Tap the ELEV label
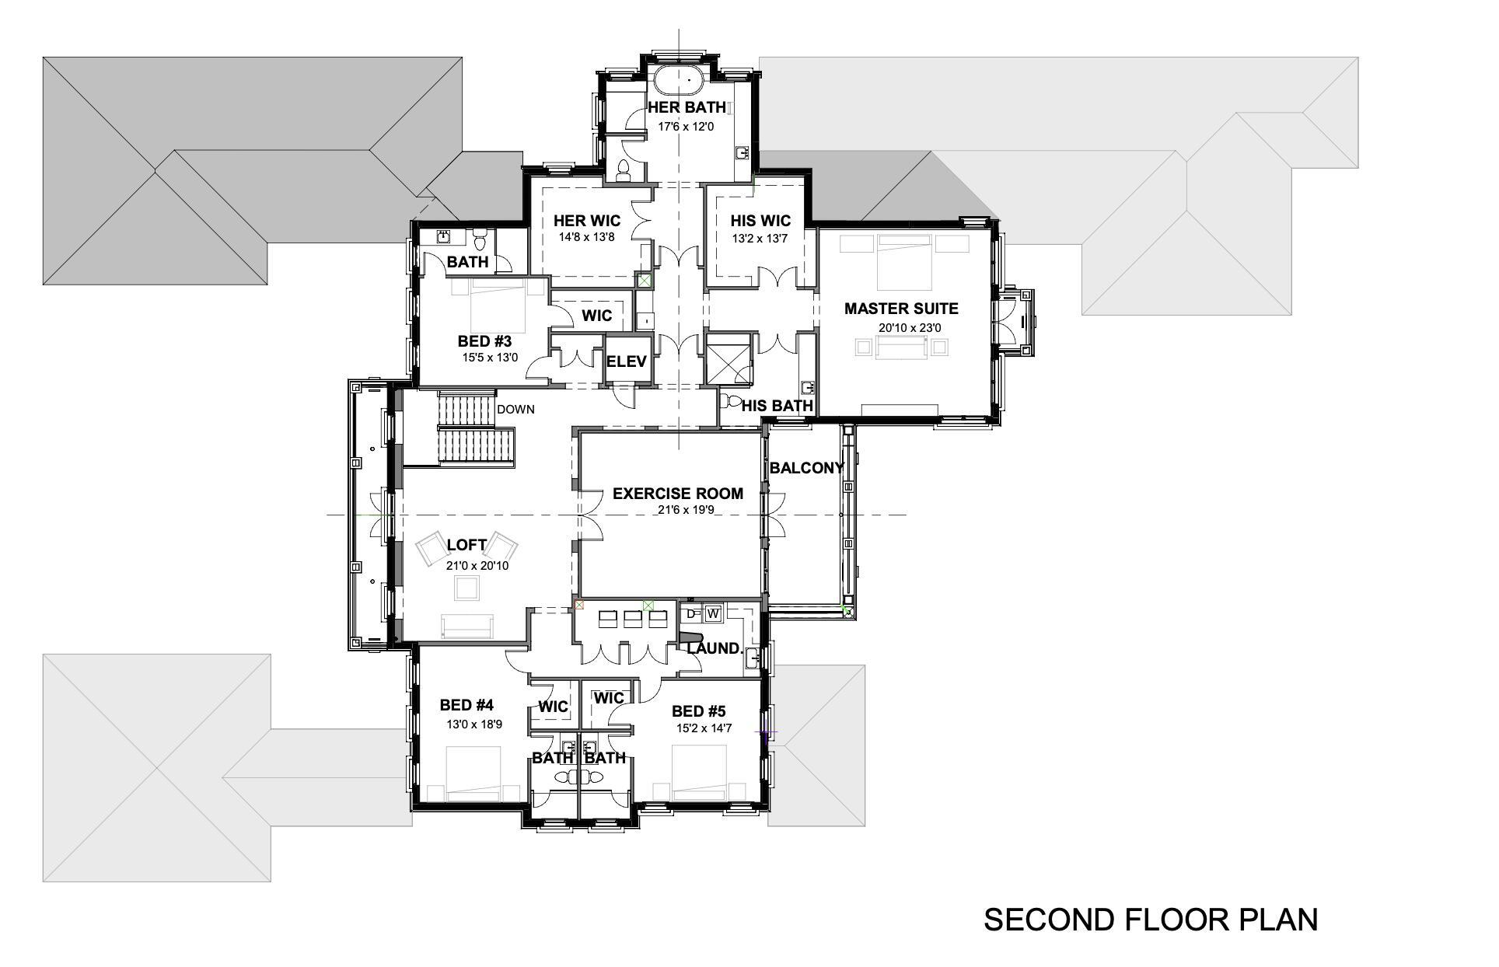(626, 361)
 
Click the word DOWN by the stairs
(515, 409)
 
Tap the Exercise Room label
(677, 494)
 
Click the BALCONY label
(806, 468)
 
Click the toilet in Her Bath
(624, 170)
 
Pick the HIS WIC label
(760, 221)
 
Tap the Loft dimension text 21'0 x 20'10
(477, 566)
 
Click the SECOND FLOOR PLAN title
(1151, 920)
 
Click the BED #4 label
(466, 705)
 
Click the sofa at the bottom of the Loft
(466, 626)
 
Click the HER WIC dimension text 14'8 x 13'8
(586, 237)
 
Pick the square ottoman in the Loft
(467, 589)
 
